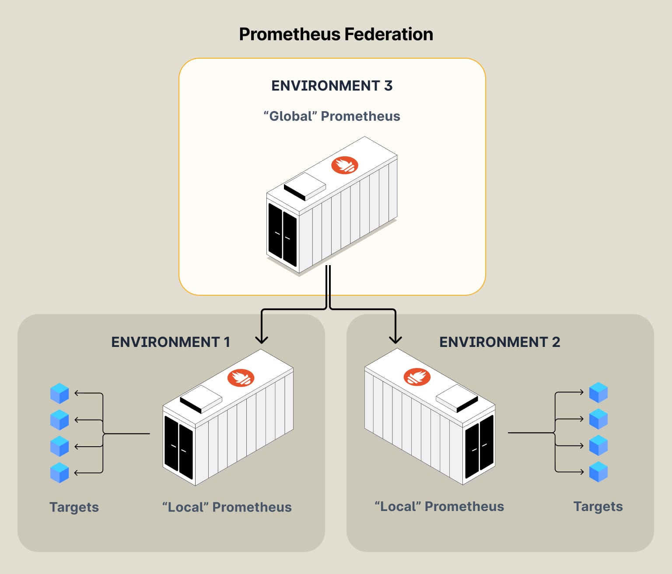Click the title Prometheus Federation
click(336, 34)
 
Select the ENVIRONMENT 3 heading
click(332, 86)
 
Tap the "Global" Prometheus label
click(332, 116)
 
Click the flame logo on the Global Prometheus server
click(345, 165)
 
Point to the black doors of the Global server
click(282, 235)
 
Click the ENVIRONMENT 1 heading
click(171, 342)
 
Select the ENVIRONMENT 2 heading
click(500, 342)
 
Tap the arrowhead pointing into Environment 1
click(262, 339)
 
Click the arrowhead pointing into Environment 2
click(395, 339)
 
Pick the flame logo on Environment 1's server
click(241, 378)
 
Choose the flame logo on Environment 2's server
click(417, 377)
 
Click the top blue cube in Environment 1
click(59, 393)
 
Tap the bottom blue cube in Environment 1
click(59, 472)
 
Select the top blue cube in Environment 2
click(598, 392)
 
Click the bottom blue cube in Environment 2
click(598, 472)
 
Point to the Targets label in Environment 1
click(74, 507)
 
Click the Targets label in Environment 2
click(598, 507)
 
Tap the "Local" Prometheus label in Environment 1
click(227, 507)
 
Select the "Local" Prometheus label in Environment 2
click(439, 507)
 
